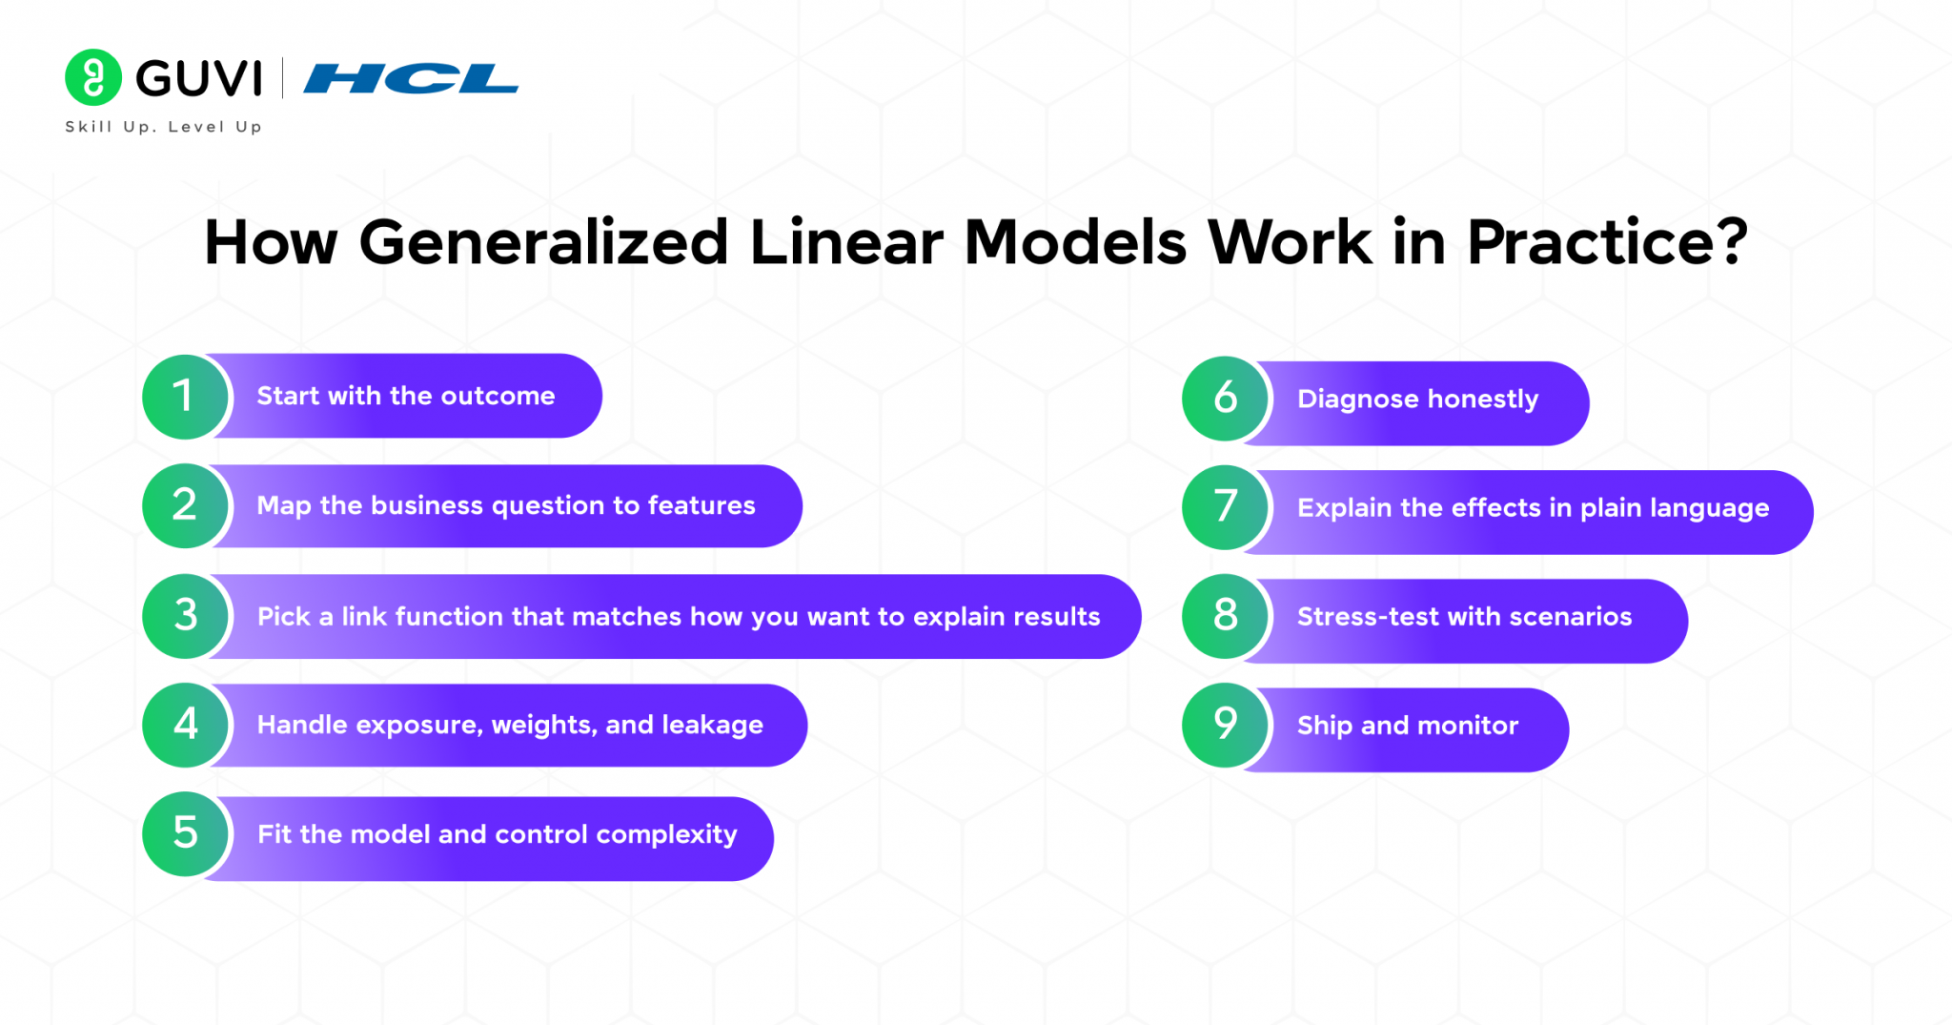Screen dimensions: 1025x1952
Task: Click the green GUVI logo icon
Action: tap(92, 77)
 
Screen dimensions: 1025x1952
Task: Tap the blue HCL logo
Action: tap(411, 79)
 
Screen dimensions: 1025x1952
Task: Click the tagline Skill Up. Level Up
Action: tap(163, 127)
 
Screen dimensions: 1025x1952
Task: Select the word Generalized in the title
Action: tap(543, 242)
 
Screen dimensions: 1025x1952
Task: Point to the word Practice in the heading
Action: tap(1593, 242)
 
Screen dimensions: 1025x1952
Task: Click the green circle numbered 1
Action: tap(184, 397)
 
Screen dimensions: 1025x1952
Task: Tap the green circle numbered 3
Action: tap(184, 616)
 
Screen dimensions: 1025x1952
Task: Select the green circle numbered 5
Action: tap(184, 834)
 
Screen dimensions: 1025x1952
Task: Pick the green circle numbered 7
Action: tap(1225, 507)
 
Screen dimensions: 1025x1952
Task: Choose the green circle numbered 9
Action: tap(1225, 726)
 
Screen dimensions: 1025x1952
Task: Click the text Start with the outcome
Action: tap(405, 396)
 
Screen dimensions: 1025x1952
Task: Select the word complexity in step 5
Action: tap(666, 835)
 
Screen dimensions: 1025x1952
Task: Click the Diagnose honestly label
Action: tap(1417, 400)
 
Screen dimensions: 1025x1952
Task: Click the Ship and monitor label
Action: tap(1407, 726)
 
